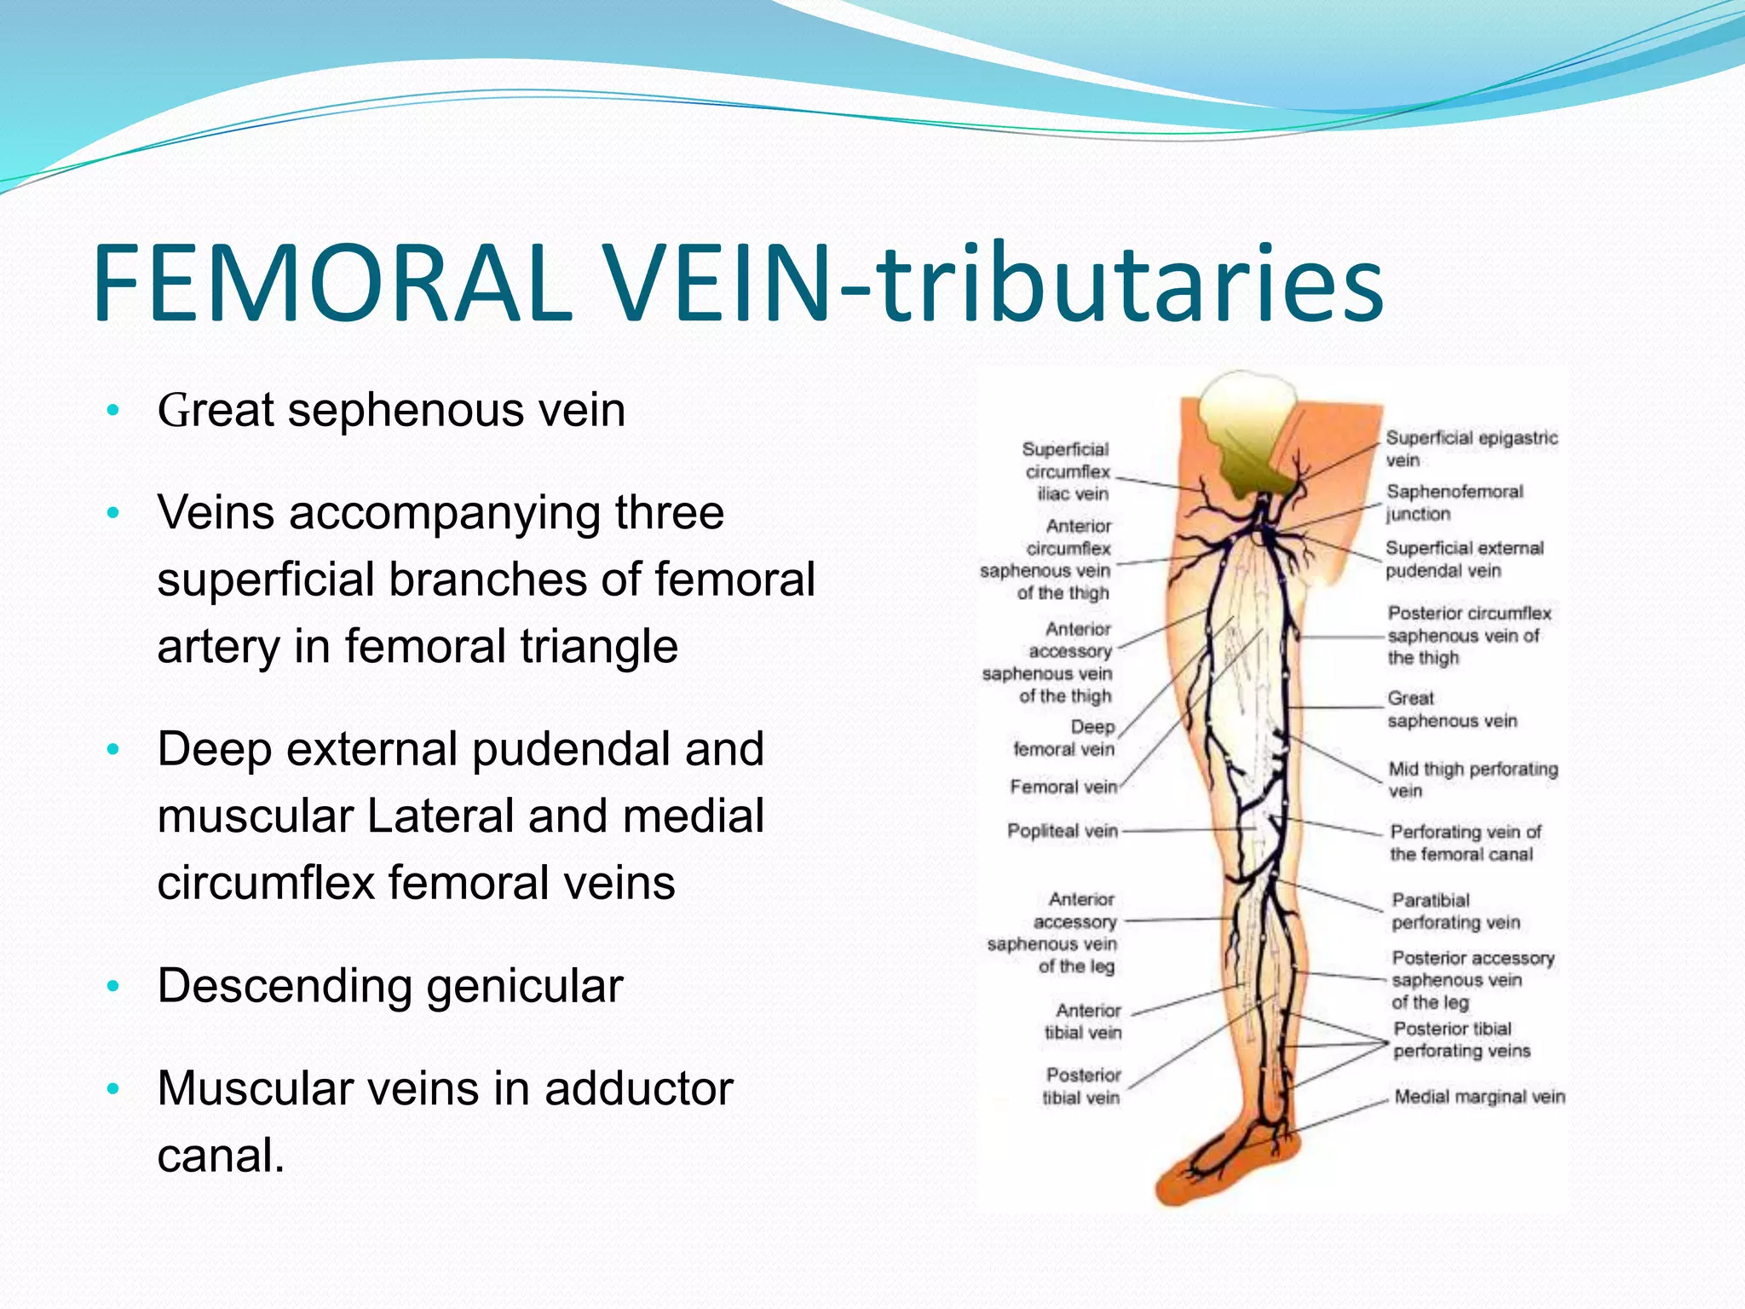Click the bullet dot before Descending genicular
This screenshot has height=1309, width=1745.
pyautogui.click(x=113, y=987)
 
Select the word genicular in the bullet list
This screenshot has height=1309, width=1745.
pyautogui.click(x=524, y=987)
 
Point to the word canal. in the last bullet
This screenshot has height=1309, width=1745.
pyautogui.click(x=221, y=1156)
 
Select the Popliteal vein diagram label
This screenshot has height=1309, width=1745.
pyautogui.click(x=1062, y=831)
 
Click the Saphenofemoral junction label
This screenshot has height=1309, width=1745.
pyautogui.click(x=1454, y=502)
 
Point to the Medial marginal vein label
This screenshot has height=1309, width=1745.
pyautogui.click(x=1479, y=1097)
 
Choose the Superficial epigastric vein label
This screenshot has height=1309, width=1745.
pyautogui.click(x=1471, y=448)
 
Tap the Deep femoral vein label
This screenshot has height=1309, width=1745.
pyautogui.click(x=1065, y=738)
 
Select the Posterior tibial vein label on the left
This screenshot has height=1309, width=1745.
pyautogui.click(x=1082, y=1087)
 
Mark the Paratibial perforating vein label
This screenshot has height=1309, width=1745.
pyautogui.click(x=1455, y=911)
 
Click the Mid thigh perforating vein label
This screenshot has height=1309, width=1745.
pyautogui.click(x=1472, y=779)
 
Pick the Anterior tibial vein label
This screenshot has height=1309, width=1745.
pyautogui.click(x=1085, y=1021)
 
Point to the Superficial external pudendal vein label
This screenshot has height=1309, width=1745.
pyautogui.click(x=1464, y=559)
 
